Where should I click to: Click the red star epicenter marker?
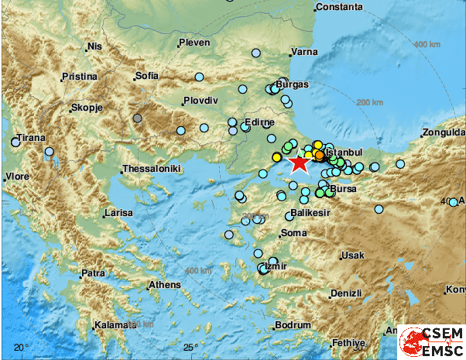[298, 163]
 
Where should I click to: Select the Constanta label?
[340, 7]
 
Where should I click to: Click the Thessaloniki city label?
[152, 169]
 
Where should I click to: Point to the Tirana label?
[32, 137]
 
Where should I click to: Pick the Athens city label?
[165, 285]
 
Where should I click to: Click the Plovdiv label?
[200, 101]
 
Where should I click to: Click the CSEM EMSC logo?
[431, 341]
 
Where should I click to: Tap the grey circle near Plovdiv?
[137, 118]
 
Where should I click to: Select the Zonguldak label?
[444, 132]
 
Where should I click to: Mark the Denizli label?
[347, 293]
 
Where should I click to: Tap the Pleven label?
[194, 43]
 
